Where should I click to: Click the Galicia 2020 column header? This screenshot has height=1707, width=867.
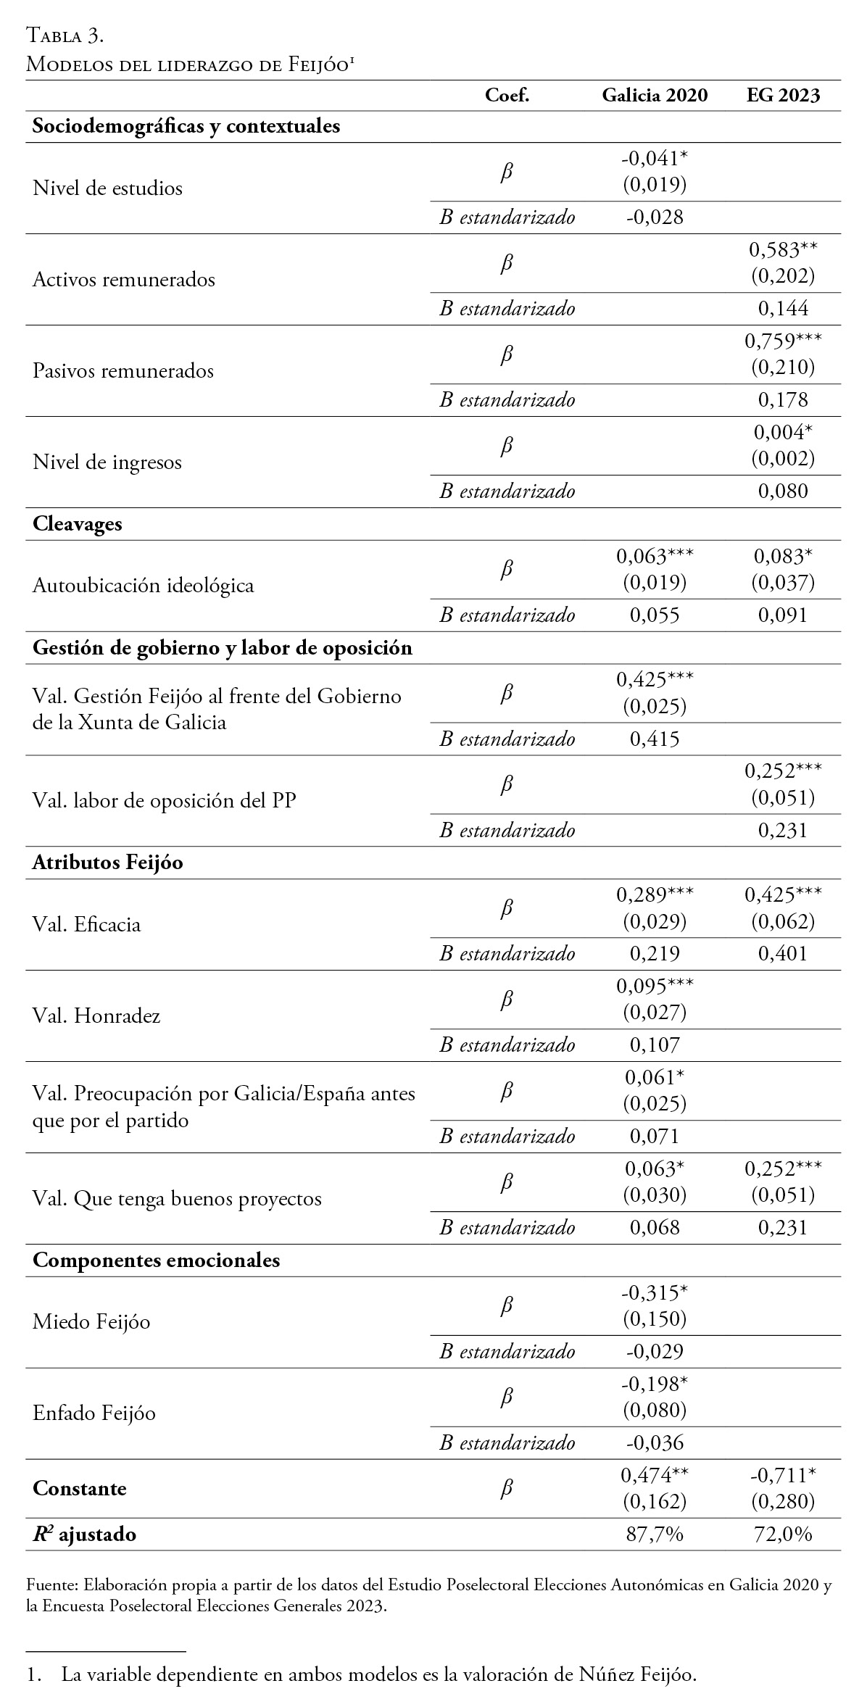(655, 96)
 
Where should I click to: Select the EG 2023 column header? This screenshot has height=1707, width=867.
(783, 96)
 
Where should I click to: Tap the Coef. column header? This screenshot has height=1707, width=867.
(507, 96)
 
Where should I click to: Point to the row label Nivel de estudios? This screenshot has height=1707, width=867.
(107, 188)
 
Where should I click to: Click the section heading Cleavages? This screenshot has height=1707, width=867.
(78, 524)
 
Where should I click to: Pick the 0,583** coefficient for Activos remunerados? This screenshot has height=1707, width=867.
(783, 251)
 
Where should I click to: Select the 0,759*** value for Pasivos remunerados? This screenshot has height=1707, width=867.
(783, 341)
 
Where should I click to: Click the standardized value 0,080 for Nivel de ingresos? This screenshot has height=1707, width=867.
(783, 491)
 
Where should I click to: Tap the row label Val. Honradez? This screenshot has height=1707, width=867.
(96, 1016)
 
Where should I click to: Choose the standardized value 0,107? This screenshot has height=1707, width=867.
(655, 1044)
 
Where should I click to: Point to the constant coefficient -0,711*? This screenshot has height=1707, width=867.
(783, 1475)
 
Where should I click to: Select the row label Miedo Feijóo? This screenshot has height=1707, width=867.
(91, 1322)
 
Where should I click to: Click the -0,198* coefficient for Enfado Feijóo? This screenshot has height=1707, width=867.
(655, 1384)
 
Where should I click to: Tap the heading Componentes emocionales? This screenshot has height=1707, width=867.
(156, 1260)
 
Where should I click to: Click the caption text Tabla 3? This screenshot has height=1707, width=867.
(65, 35)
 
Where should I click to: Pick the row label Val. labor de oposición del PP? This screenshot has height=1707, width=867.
(165, 800)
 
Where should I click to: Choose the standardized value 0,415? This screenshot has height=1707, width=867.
(655, 739)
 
